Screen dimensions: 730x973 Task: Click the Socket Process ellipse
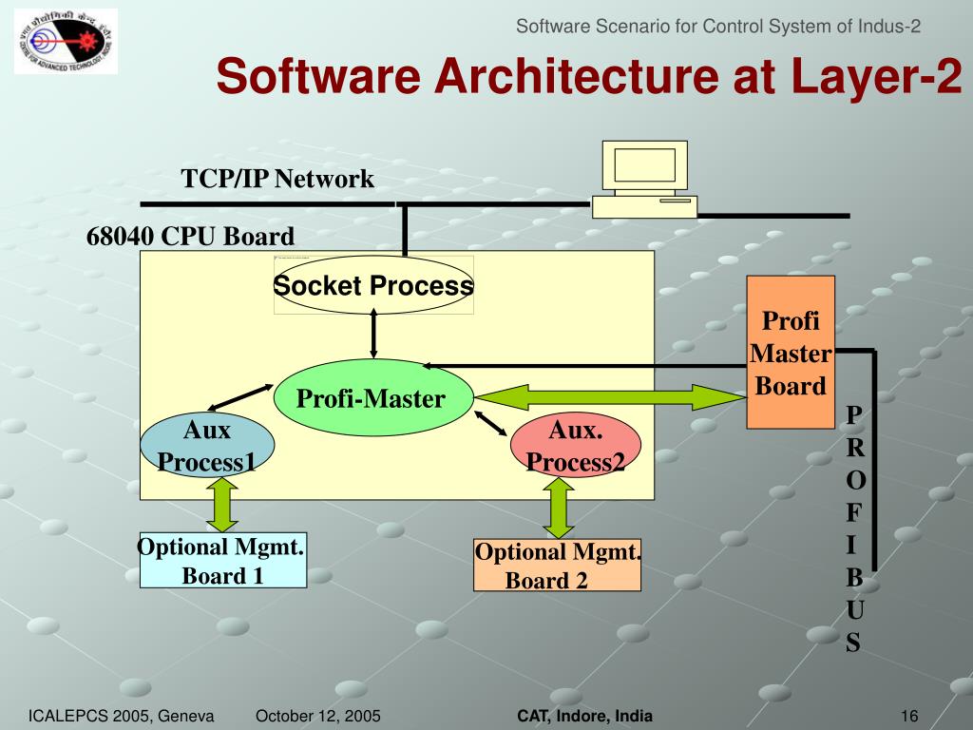(x=373, y=285)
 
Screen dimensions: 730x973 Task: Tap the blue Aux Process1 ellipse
(x=207, y=447)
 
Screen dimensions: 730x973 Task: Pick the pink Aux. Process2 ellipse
(x=576, y=447)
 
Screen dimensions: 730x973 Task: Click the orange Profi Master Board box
(x=790, y=353)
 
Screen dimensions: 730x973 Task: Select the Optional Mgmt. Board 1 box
(x=223, y=561)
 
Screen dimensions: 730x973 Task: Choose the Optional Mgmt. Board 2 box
(x=557, y=566)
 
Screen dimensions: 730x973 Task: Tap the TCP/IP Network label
(x=277, y=179)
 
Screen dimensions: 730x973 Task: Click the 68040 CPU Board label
(x=191, y=236)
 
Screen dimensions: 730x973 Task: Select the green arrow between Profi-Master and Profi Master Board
(x=608, y=396)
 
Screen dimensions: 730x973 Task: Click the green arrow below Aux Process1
(x=222, y=504)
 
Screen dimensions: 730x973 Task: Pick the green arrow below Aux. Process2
(x=557, y=508)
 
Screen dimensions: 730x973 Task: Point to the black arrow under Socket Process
(x=373, y=335)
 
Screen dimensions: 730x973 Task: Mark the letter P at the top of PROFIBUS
(x=854, y=415)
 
